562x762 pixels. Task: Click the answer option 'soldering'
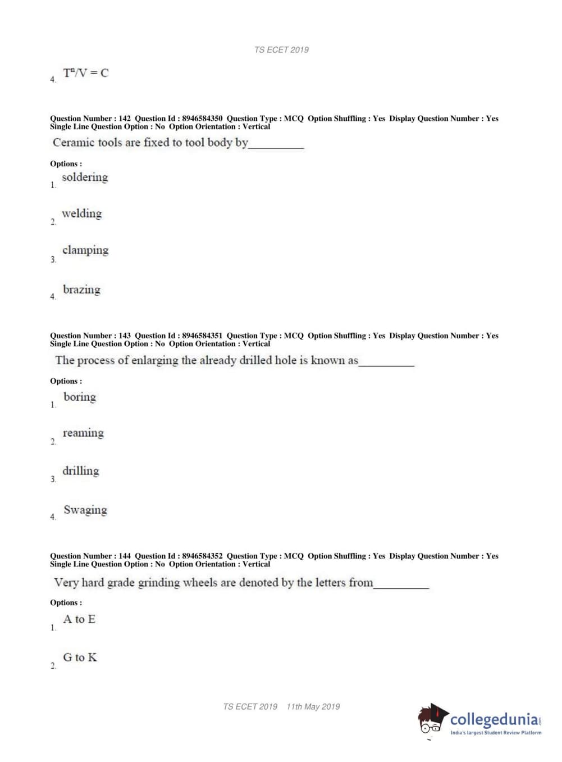tap(85, 178)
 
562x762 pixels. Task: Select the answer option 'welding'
tap(82, 214)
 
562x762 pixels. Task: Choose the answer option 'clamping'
tap(85, 251)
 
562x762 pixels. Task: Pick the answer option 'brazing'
tap(81, 290)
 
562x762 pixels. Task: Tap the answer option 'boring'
tap(80, 397)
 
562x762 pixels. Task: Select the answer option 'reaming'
tap(83, 433)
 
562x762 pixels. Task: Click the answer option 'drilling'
tap(81, 471)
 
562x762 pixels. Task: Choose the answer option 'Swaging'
tap(85, 510)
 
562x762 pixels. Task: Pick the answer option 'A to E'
tap(79, 619)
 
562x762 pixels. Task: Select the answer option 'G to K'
tap(80, 657)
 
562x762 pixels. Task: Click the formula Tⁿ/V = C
tap(86, 73)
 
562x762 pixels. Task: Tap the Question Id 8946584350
tap(202, 119)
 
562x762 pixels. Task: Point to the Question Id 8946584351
tap(202, 336)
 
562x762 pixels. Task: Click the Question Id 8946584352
tap(202, 556)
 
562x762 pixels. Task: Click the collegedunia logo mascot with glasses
tap(432, 720)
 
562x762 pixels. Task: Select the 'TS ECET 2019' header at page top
tap(281, 50)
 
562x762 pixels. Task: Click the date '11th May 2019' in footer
tap(313, 707)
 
